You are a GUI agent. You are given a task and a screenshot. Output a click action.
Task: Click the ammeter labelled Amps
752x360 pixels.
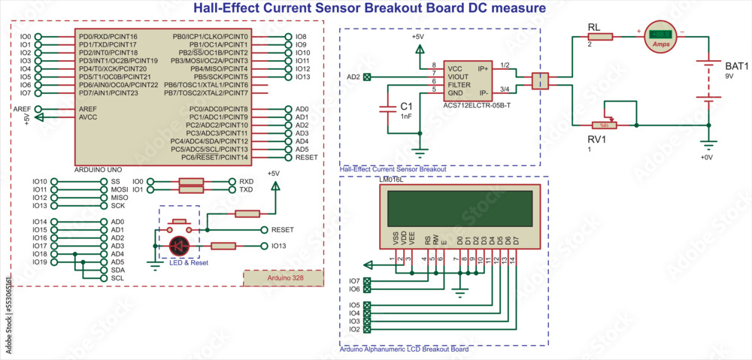tap(661, 36)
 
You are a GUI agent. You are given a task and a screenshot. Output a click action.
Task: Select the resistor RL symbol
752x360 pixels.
tap(600, 36)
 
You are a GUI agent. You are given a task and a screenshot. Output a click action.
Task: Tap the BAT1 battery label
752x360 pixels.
tap(736, 66)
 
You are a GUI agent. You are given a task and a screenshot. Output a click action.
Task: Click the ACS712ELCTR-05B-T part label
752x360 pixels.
tap(477, 106)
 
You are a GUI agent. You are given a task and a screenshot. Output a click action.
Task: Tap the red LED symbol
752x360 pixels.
tap(179, 245)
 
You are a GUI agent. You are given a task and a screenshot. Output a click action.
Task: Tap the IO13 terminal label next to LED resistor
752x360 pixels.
tap(278, 246)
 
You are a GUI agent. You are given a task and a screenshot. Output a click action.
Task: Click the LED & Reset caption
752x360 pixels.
tap(188, 262)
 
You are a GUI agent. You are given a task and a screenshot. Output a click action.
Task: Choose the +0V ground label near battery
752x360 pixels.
tap(705, 157)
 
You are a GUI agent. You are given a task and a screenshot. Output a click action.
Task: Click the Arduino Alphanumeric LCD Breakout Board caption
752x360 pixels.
tap(404, 349)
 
